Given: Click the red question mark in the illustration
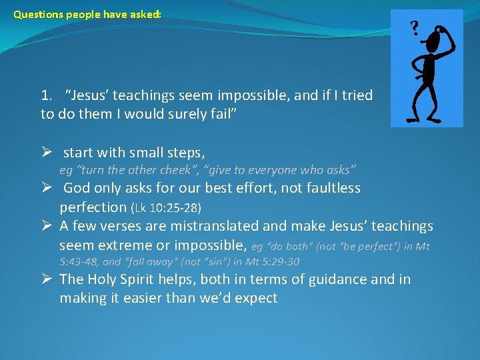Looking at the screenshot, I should coord(415,29).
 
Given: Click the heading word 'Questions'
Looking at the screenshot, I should coord(38,13).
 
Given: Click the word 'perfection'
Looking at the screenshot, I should coord(93,207).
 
